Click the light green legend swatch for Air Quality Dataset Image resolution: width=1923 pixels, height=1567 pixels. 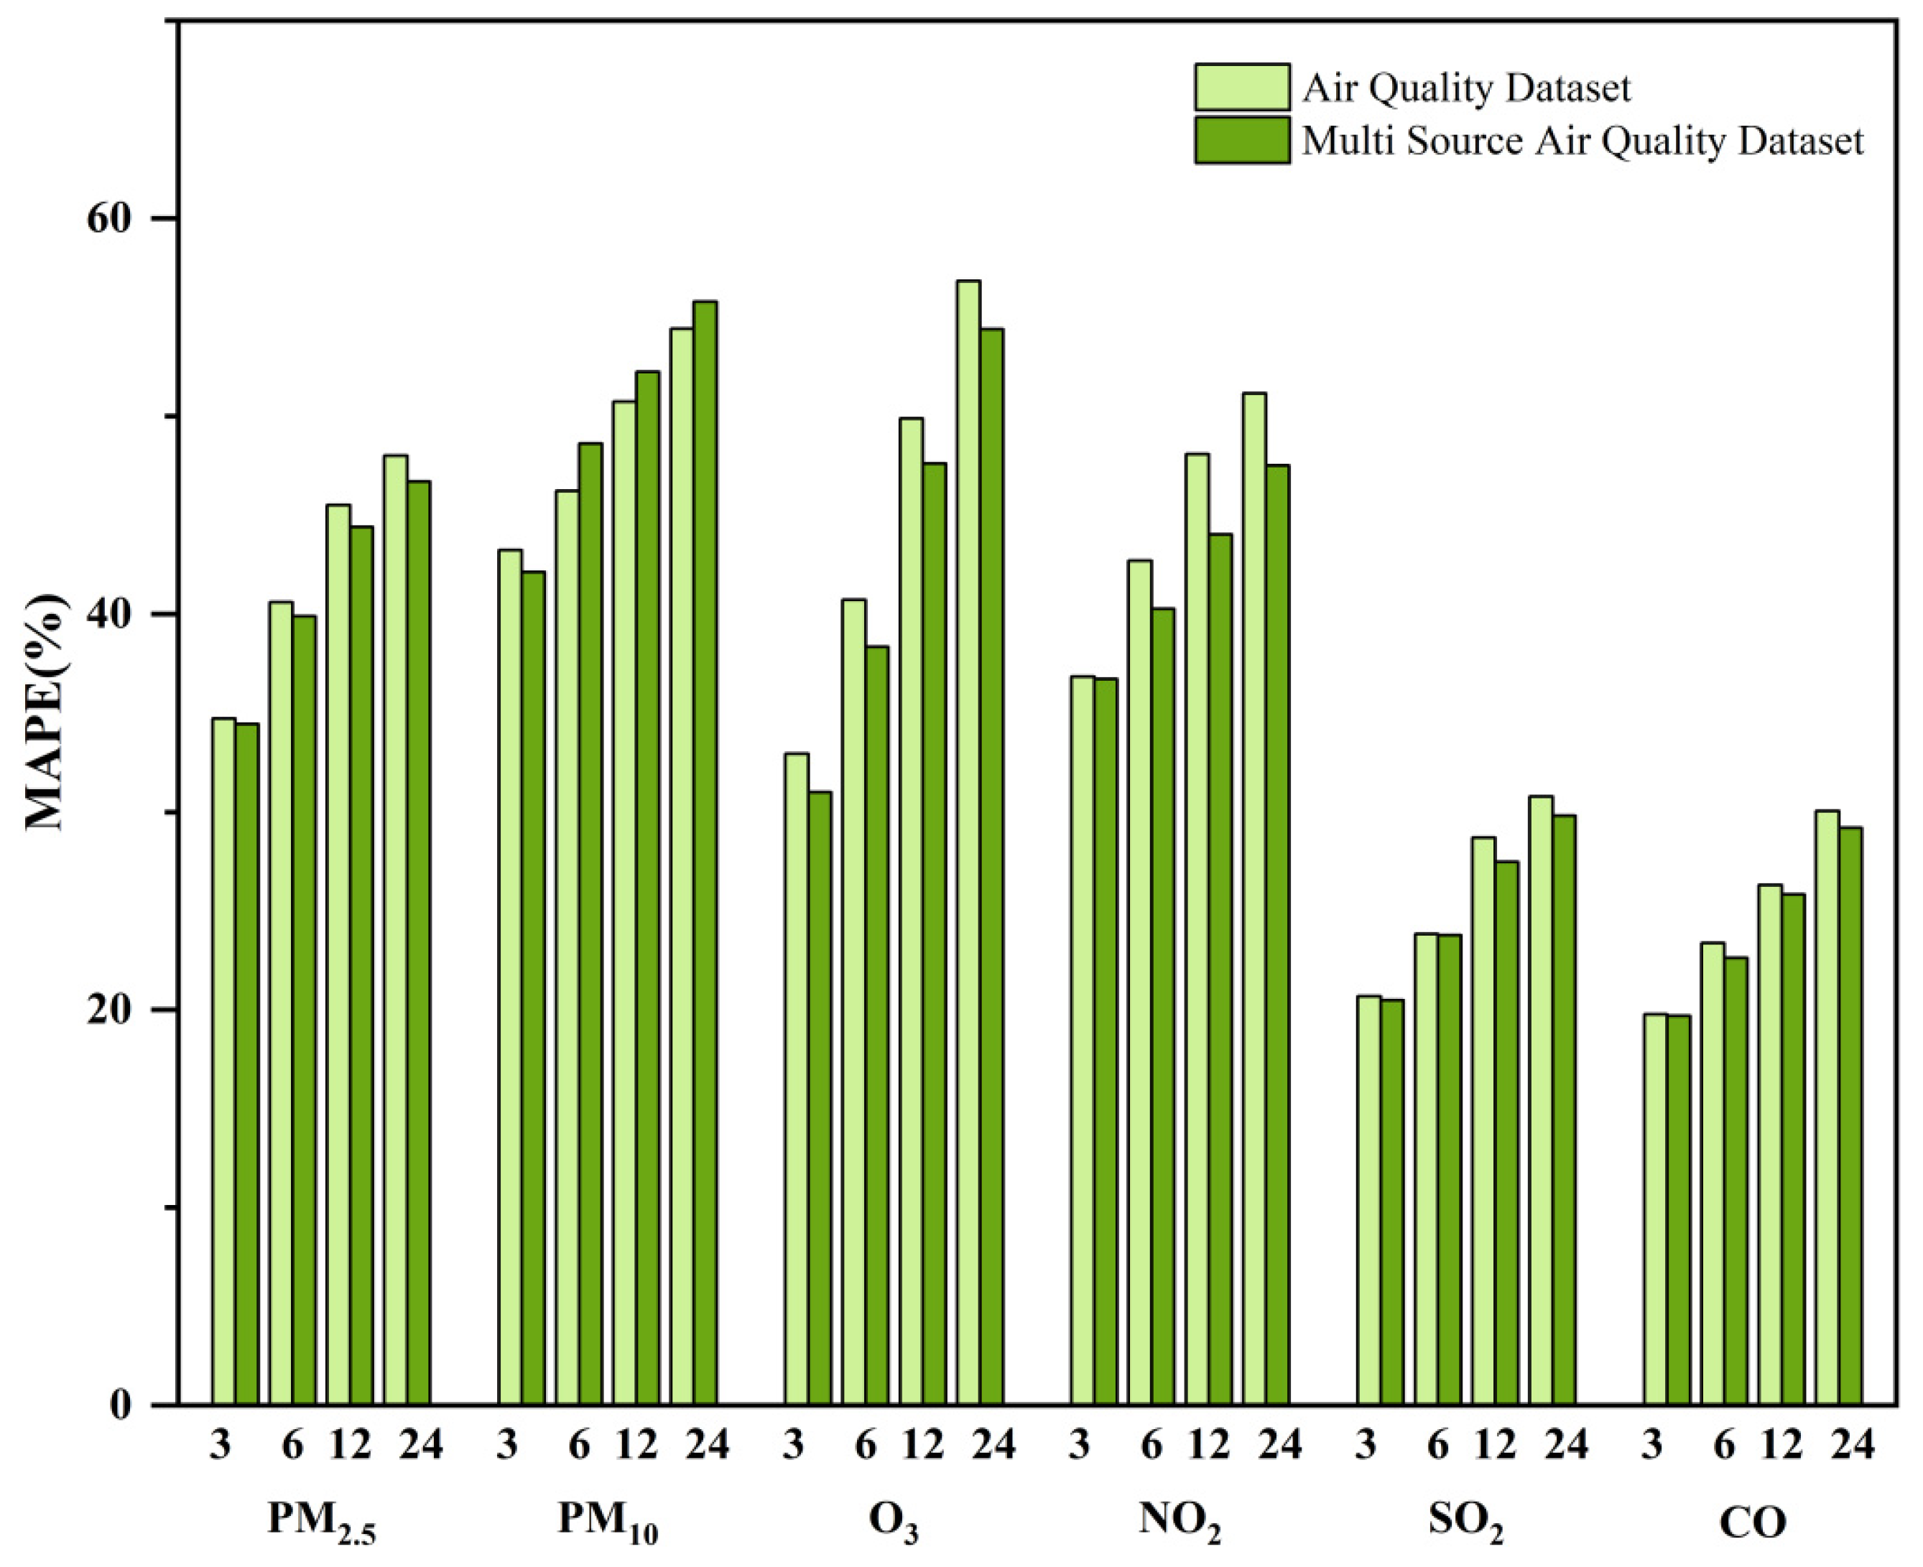[1241, 87]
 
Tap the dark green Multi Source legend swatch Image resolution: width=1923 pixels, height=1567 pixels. [1241, 140]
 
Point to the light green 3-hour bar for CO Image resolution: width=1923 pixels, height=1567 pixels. [1655, 1209]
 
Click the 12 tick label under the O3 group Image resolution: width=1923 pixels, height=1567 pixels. [922, 1446]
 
